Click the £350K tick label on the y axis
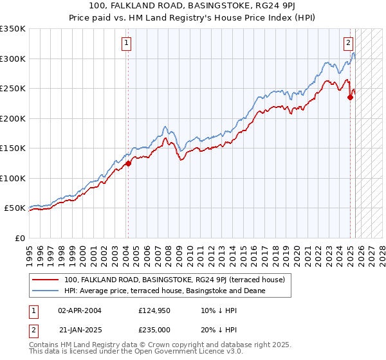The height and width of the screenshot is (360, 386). (12, 29)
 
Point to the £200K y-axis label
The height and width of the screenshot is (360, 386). (12, 118)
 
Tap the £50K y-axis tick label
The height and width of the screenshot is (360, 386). (15, 208)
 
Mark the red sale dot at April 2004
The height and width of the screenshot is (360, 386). (128, 163)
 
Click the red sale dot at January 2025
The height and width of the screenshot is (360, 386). (351, 98)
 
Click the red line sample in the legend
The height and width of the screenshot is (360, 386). (46, 280)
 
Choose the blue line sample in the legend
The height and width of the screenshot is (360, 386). (46, 291)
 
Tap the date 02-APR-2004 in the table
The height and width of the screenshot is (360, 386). (80, 310)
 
